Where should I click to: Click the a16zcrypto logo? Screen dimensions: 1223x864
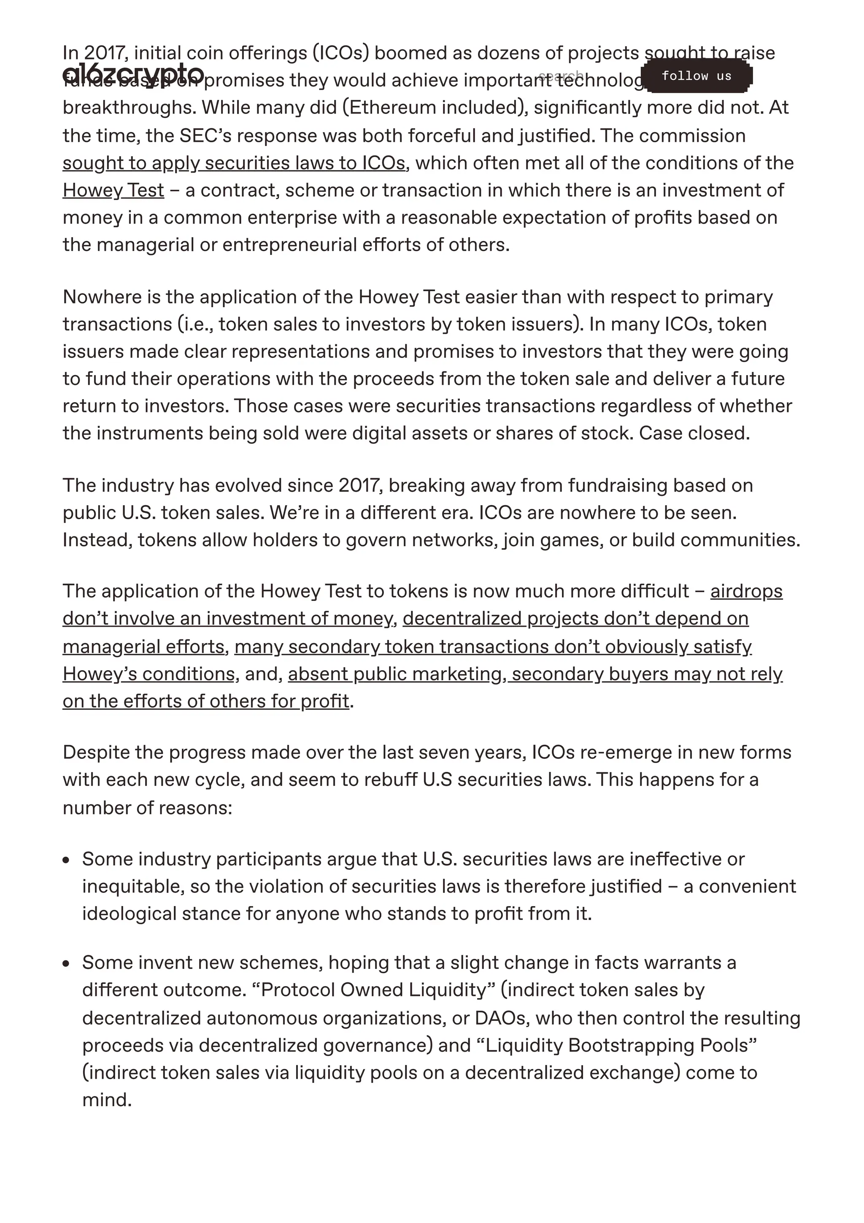[133, 73]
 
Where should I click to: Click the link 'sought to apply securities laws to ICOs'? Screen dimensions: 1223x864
[234, 163]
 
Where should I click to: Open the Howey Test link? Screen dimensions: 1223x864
[113, 190]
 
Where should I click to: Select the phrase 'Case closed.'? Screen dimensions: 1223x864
[694, 433]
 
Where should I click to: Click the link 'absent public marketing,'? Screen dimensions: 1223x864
[397, 674]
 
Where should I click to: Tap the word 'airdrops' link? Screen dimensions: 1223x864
[746, 591]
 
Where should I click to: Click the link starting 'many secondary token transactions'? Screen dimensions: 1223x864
[492, 647]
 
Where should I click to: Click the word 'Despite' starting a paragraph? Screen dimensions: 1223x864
[96, 752]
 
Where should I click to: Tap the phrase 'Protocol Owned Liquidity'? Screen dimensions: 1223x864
[374, 990]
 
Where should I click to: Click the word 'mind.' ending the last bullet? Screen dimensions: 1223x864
[106, 1099]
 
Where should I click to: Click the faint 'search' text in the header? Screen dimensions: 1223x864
[561, 75]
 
